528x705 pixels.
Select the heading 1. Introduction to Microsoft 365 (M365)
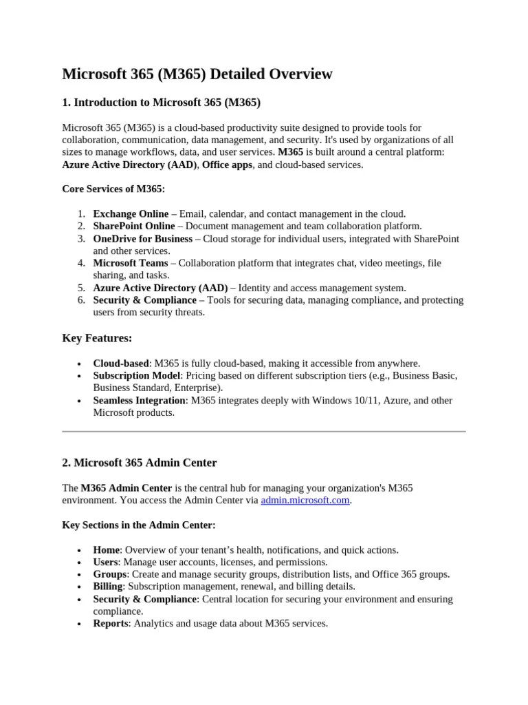[x=162, y=103]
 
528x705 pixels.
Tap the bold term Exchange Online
[x=131, y=214]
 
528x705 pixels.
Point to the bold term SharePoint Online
[x=134, y=226]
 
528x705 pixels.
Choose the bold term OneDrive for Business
[x=143, y=239]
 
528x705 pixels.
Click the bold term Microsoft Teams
[x=130, y=263]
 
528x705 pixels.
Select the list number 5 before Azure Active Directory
[x=80, y=288]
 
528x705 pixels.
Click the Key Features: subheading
[x=97, y=338]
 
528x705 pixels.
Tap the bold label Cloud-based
[x=121, y=363]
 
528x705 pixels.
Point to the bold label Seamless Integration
[x=140, y=400]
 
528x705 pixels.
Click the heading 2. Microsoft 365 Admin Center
[x=140, y=462]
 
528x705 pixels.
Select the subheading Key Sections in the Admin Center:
[x=139, y=525]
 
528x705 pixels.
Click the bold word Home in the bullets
[x=107, y=550]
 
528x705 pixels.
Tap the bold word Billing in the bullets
[x=108, y=587]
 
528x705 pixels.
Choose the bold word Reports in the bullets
[x=111, y=623]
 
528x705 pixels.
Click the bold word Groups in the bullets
[x=110, y=574]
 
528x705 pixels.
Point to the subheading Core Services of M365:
[x=113, y=189]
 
